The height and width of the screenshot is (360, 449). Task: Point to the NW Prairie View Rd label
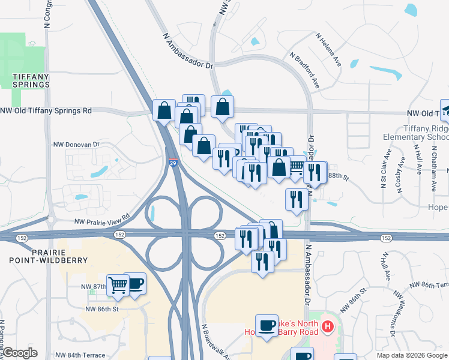click(102, 220)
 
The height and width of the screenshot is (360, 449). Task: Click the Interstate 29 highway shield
click(172, 163)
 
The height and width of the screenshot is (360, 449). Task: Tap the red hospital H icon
click(327, 327)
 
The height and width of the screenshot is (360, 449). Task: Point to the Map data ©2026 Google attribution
click(411, 355)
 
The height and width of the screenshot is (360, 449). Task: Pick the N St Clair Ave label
click(383, 172)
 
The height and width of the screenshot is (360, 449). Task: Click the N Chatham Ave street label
click(433, 170)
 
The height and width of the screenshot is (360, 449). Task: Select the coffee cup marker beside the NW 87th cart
click(134, 284)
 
